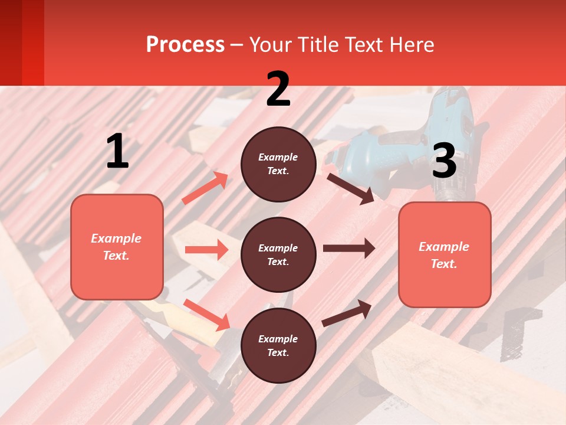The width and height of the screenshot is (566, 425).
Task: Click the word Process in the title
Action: pyautogui.click(x=185, y=45)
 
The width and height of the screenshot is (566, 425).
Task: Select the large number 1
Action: pyautogui.click(x=117, y=152)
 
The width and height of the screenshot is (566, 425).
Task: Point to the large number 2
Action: pyautogui.click(x=278, y=89)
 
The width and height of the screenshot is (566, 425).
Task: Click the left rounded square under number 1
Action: pyautogui.click(x=117, y=247)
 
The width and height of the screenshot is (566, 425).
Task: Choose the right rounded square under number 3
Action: pyautogui.click(x=445, y=254)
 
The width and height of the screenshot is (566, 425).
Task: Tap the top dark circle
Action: pyautogui.click(x=278, y=164)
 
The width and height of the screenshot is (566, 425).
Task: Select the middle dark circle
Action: pyautogui.click(x=278, y=254)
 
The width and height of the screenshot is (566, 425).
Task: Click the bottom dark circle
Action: pyautogui.click(x=278, y=345)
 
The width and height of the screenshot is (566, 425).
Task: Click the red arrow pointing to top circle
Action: pyautogui.click(x=205, y=188)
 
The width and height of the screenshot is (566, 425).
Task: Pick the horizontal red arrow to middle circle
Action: pyautogui.click(x=206, y=250)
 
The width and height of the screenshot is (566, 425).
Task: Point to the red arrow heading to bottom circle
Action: pyautogui.click(x=207, y=315)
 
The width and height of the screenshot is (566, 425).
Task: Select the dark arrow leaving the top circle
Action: pyautogui.click(x=350, y=188)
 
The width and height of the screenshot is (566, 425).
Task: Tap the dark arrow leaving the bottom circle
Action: pyautogui.click(x=347, y=313)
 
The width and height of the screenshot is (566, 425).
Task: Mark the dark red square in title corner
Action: pyautogui.click(x=22, y=42)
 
